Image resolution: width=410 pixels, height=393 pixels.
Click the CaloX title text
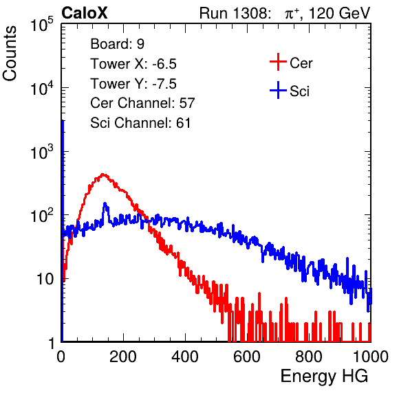85,13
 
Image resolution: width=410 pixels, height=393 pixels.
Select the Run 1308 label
234,13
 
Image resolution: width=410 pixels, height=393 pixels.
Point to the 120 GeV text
339,13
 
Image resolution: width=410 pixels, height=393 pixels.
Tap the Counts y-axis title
10,54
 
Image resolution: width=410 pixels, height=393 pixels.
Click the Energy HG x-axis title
324,376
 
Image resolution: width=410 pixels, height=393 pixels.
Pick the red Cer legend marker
278,62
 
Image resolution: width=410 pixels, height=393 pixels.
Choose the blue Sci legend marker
278,91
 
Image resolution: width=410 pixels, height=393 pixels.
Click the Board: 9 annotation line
117,44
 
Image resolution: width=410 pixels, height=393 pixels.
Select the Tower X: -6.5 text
133,64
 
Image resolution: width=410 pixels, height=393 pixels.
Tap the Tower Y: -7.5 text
133,84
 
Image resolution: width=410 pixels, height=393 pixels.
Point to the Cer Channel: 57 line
142,103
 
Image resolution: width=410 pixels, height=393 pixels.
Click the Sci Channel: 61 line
140,123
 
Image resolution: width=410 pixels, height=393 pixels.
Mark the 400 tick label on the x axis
185,356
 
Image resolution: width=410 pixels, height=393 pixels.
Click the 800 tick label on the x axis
309,356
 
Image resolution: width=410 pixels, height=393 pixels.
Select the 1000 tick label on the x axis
371,356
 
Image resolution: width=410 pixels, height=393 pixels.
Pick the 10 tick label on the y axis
45,279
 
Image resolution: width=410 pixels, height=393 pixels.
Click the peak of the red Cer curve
102,174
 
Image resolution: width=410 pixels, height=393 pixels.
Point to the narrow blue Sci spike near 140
105,206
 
